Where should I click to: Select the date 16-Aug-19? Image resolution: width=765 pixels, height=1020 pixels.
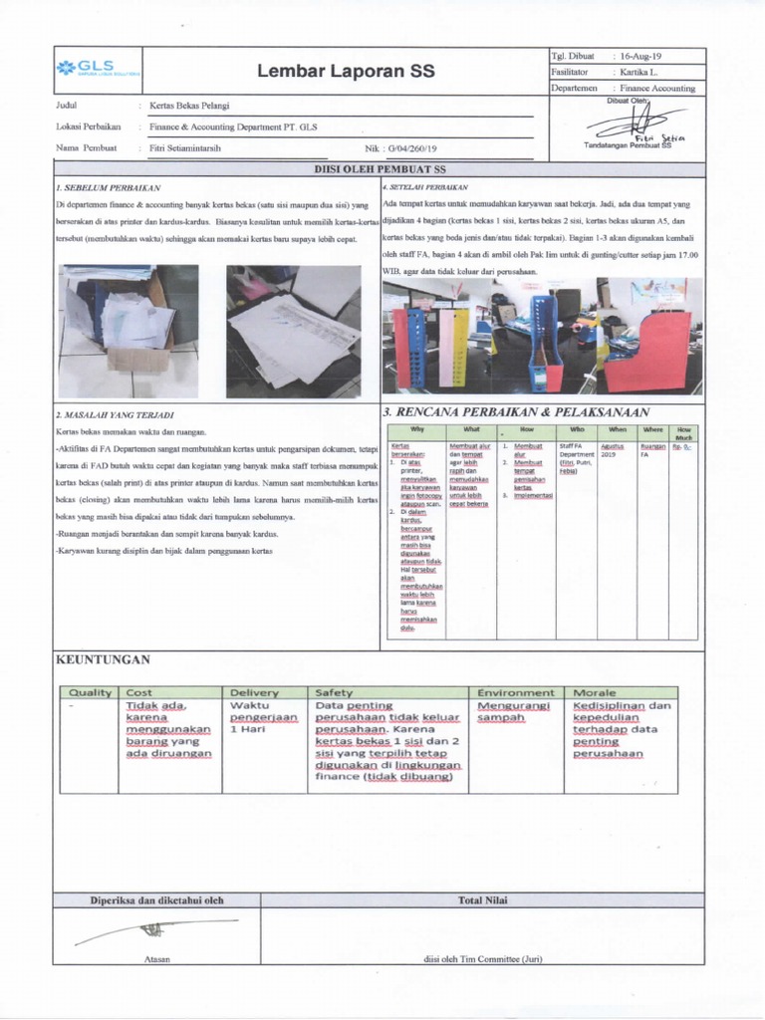click(x=643, y=56)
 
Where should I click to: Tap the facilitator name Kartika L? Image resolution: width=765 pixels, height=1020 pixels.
click(x=647, y=73)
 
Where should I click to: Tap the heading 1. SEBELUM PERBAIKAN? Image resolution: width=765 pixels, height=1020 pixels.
click(x=109, y=187)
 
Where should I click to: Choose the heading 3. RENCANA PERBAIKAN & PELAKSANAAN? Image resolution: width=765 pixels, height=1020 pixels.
click(x=515, y=412)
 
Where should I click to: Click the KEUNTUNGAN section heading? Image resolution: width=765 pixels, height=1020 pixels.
click(x=103, y=659)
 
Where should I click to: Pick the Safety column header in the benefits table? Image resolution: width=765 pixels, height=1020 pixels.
click(x=335, y=692)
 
